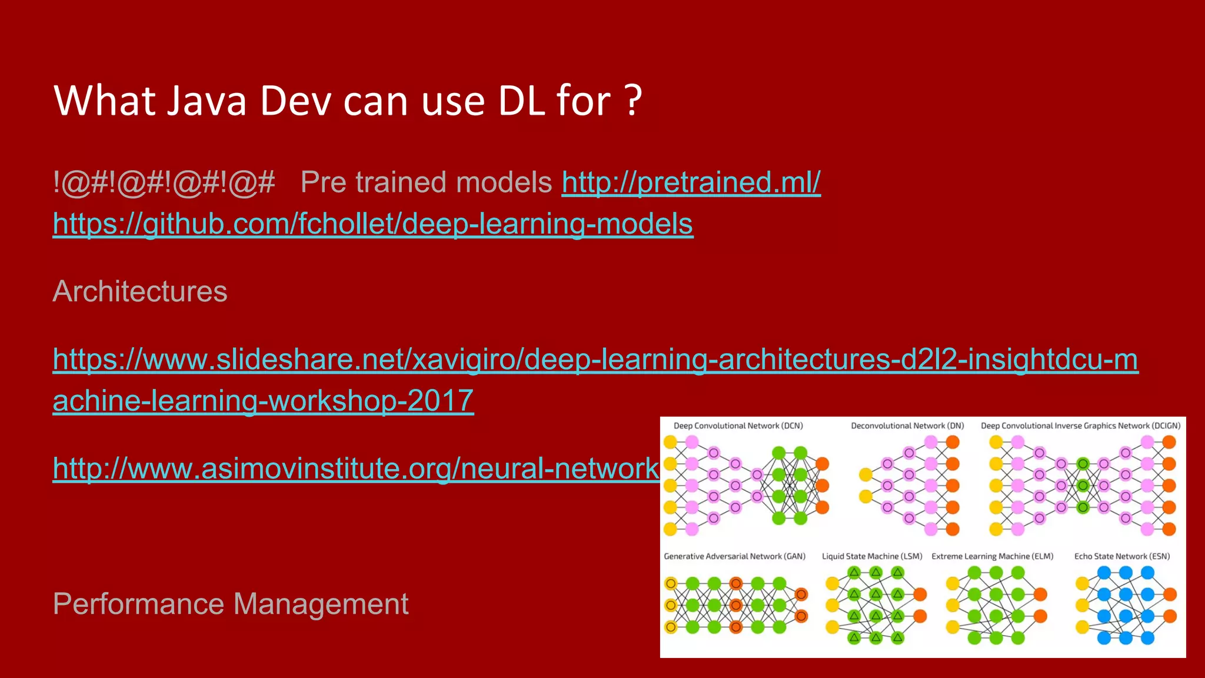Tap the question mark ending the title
[633, 101]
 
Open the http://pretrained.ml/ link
[691, 182]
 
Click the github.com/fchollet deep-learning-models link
[373, 224]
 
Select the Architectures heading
[140, 291]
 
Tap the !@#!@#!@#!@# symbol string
[164, 182]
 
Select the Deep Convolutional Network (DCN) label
[738, 426]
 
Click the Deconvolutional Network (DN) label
[907, 426]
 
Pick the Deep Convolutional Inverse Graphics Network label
[1080, 426]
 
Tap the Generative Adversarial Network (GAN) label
[734, 556]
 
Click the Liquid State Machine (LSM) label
[872, 556]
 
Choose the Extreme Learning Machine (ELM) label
[992, 556]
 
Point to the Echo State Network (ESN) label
[1122, 556]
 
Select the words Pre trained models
[426, 182]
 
